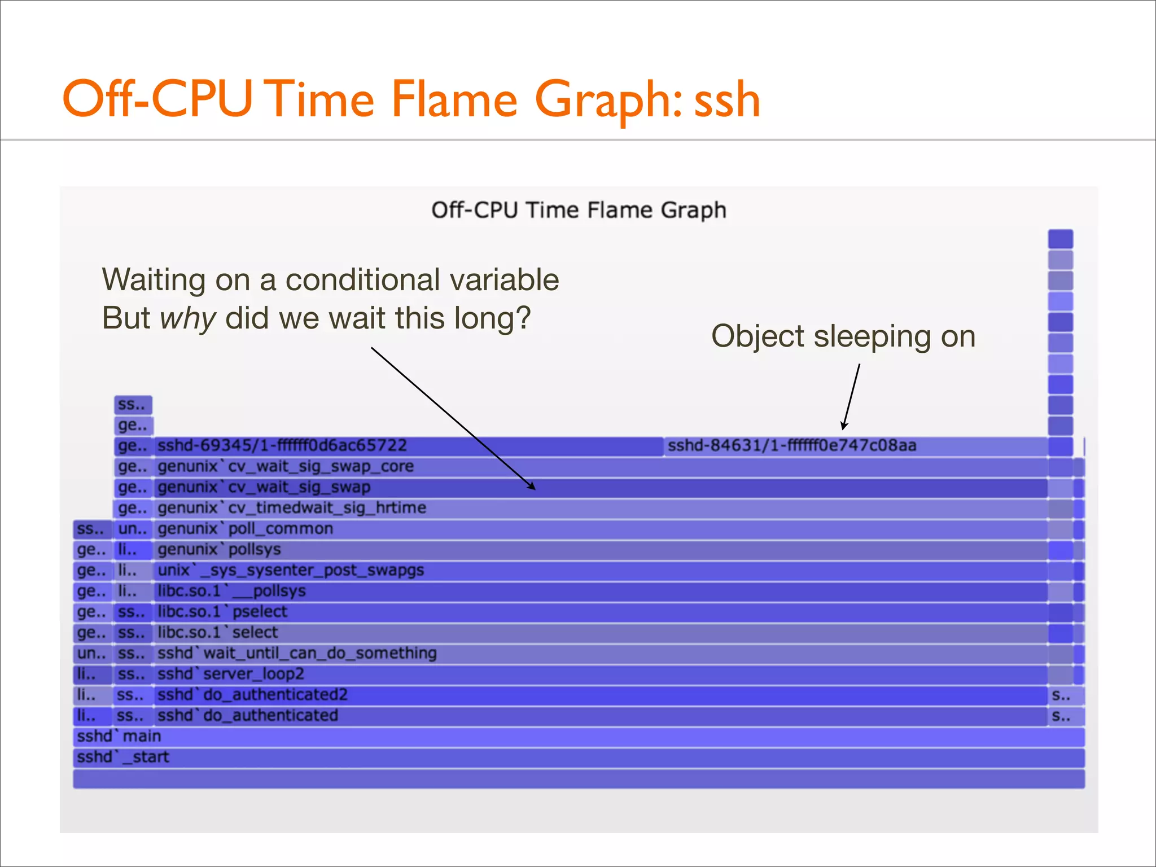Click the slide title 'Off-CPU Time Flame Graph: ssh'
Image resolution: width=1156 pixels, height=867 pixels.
pyautogui.click(x=411, y=99)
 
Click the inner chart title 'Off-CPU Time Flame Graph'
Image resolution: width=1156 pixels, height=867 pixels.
pyautogui.click(x=578, y=210)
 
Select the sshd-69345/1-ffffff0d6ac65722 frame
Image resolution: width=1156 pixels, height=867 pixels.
pyautogui.click(x=282, y=446)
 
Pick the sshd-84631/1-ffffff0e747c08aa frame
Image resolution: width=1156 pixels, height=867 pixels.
pyautogui.click(x=791, y=446)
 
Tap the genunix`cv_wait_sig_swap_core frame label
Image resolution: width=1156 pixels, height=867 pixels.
pyautogui.click(x=286, y=467)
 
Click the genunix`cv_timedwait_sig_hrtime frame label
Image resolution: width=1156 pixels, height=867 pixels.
pyautogui.click(x=292, y=508)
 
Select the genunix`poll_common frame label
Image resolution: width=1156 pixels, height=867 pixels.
pyautogui.click(x=245, y=529)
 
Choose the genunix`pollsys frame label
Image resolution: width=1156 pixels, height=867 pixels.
pyautogui.click(x=219, y=550)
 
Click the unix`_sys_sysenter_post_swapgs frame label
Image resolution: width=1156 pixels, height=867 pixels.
pyautogui.click(x=291, y=570)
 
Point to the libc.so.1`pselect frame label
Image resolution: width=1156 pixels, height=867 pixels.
pyautogui.click(x=222, y=612)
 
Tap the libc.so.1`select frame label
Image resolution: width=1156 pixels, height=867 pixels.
pyautogui.click(x=218, y=633)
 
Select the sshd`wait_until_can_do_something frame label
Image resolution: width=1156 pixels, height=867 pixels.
pyautogui.click(x=297, y=654)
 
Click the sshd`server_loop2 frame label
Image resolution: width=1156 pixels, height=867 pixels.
pyautogui.click(x=230, y=674)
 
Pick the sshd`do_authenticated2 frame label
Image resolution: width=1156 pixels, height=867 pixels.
pyautogui.click(x=252, y=695)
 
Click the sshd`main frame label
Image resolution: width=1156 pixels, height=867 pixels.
pyautogui.click(x=119, y=737)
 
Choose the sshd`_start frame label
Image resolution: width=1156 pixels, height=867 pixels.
pyautogui.click(x=123, y=757)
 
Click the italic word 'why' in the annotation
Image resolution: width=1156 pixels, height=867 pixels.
pyautogui.click(x=187, y=318)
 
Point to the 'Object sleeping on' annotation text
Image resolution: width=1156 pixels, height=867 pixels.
pyautogui.click(x=843, y=337)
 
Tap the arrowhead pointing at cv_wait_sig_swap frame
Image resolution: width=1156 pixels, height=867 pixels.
pyautogui.click(x=532, y=487)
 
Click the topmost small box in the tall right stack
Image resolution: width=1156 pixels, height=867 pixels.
pyautogui.click(x=1060, y=239)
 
